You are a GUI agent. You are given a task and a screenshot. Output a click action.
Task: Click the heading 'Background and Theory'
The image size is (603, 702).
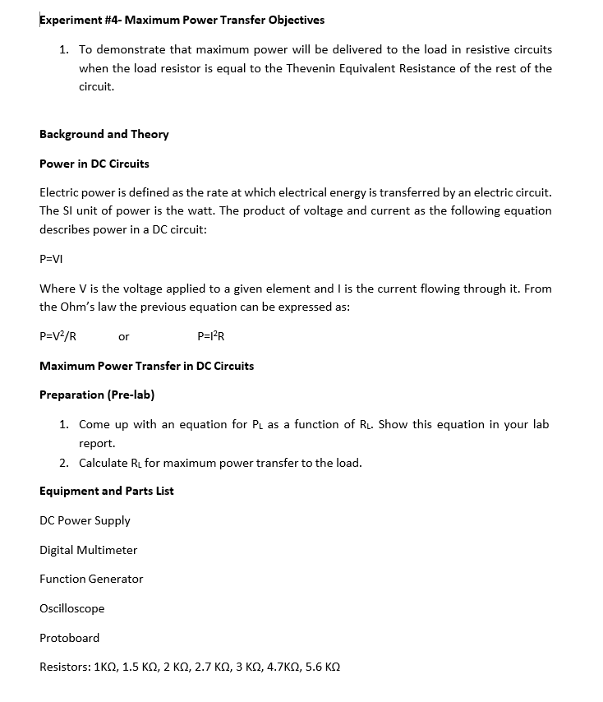point(104,134)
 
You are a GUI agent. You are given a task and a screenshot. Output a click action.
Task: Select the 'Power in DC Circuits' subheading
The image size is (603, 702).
point(94,164)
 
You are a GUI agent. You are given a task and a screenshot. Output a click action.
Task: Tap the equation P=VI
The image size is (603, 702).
point(51,258)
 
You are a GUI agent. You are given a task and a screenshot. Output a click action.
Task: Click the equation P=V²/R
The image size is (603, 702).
point(58,336)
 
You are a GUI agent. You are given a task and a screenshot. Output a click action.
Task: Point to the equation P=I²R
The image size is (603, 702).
point(211,336)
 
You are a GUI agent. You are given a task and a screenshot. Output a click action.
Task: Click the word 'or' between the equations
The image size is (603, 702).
point(123,336)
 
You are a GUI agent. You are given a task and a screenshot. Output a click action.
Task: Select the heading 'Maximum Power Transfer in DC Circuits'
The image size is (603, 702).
point(146,366)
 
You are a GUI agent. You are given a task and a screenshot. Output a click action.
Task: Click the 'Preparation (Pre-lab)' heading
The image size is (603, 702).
point(97,395)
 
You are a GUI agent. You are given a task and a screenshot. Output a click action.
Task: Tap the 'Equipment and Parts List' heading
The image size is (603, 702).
point(106,491)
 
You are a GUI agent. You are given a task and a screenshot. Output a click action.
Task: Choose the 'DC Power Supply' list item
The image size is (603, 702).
point(85,520)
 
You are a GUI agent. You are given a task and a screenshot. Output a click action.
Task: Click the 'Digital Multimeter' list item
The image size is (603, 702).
point(88,550)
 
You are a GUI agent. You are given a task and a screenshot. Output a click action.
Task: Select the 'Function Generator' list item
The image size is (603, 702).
point(91,579)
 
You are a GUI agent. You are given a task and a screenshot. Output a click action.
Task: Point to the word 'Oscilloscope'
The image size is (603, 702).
point(71,608)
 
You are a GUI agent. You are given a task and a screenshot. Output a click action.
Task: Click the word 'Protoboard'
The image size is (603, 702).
point(69,638)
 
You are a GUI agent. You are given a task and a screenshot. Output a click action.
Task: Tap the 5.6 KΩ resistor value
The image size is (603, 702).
point(322,667)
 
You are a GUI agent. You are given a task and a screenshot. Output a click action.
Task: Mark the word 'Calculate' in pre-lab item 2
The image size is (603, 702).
point(104,463)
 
